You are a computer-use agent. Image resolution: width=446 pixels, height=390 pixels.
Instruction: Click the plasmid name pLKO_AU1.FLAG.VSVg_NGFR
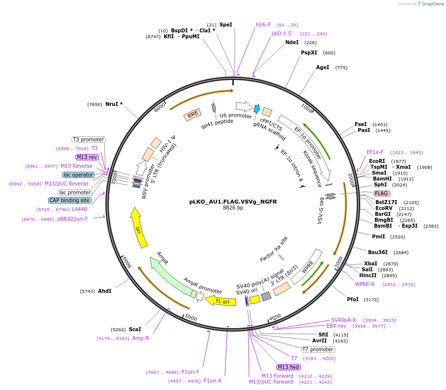coord(233,201)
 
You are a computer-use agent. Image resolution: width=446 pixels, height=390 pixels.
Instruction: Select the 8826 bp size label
coord(233,208)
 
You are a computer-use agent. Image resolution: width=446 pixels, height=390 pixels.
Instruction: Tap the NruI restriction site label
coord(114,104)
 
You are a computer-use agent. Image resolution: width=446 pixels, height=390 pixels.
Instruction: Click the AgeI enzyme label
coord(322,67)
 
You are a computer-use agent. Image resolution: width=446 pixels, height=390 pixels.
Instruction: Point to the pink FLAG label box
coord(382,193)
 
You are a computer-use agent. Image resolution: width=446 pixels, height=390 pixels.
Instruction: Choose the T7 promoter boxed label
coord(318,350)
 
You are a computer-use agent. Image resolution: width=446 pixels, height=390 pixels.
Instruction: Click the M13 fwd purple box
coord(288,367)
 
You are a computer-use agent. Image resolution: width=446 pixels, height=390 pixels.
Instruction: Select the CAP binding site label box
coord(70,200)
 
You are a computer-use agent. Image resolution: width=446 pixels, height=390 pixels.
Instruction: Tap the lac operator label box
coord(78,175)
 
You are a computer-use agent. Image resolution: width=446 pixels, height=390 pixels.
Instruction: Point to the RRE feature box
coord(193,115)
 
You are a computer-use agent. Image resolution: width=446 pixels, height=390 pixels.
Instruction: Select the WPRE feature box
coord(307,267)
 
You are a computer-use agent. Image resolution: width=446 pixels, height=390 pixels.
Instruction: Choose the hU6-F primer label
coord(263,25)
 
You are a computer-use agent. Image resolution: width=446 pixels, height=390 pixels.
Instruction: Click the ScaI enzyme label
coord(135,329)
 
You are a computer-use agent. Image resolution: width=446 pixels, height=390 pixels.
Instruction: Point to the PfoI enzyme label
coord(353,299)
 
